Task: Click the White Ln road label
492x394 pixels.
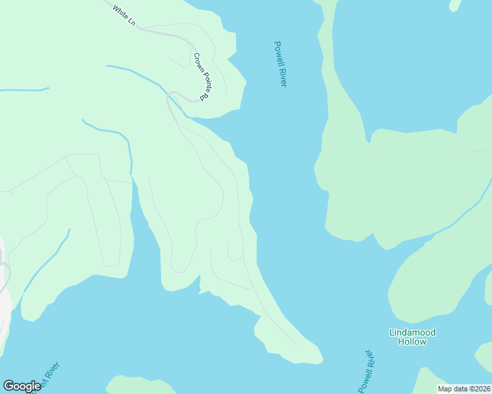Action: coord(124,16)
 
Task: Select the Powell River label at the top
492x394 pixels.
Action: coord(281,64)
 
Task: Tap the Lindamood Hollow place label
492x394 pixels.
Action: coord(412,337)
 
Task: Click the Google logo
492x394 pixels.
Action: coord(22,386)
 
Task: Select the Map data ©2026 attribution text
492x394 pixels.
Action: coord(464,389)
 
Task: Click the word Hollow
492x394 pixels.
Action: coord(412,341)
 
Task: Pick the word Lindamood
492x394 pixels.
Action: coord(412,332)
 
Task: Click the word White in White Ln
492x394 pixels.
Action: coord(119,12)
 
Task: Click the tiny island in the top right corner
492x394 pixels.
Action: coord(455,5)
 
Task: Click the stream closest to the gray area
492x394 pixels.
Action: coord(46,259)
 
